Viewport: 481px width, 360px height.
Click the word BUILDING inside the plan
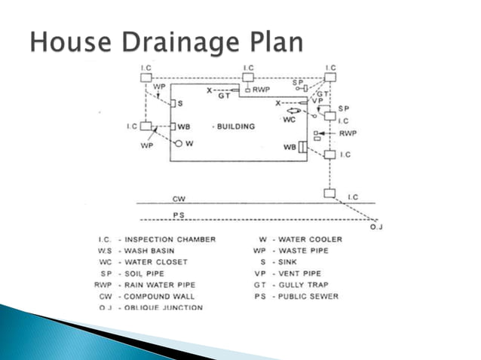(x=240, y=126)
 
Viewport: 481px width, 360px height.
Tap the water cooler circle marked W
(x=179, y=142)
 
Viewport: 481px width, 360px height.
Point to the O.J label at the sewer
(x=377, y=226)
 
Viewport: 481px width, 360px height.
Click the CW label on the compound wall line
(x=179, y=200)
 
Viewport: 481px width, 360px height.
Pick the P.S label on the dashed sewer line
(x=179, y=215)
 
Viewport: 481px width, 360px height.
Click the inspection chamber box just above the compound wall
(x=329, y=194)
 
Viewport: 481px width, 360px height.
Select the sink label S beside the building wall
(x=180, y=103)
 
